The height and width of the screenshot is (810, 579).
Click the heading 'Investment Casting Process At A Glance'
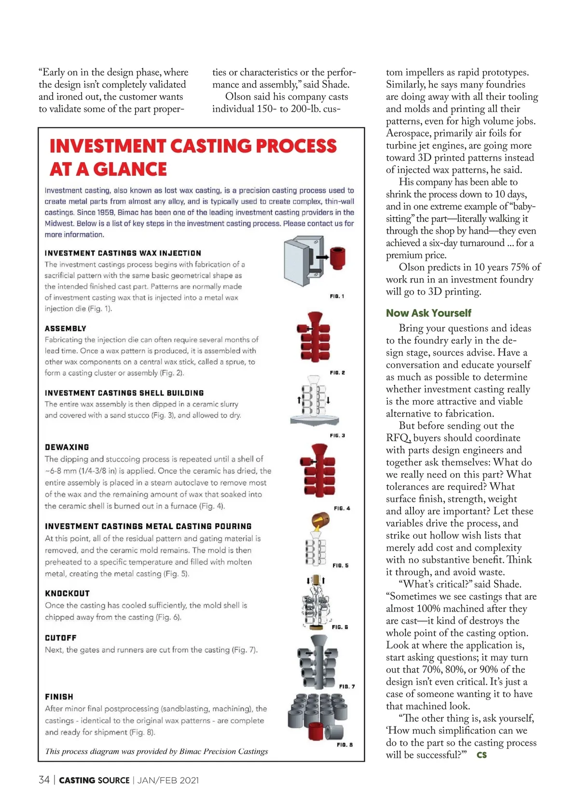pos(193,157)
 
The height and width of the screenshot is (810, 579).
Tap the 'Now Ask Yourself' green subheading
pos(428,313)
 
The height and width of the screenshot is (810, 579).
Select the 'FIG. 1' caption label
pos(337,296)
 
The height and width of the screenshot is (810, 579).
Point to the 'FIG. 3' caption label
pos(337,435)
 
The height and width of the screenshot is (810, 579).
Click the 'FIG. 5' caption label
pos(340,565)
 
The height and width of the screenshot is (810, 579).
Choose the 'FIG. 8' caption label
pos(345,744)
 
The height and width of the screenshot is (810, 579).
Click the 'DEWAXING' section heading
pos(67,447)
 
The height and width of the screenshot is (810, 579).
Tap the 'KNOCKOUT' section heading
pos(67,593)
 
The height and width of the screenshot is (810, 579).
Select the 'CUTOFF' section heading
pos(61,638)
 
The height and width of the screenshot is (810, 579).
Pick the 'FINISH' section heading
pos(59,697)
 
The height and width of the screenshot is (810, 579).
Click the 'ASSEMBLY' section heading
pos(66,328)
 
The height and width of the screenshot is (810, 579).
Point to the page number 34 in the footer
pos(44,780)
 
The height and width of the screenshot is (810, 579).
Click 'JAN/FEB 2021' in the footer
pos(168,780)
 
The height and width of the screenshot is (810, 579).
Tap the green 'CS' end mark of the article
pos(481,755)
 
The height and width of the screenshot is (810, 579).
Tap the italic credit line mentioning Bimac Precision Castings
pos(156,751)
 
